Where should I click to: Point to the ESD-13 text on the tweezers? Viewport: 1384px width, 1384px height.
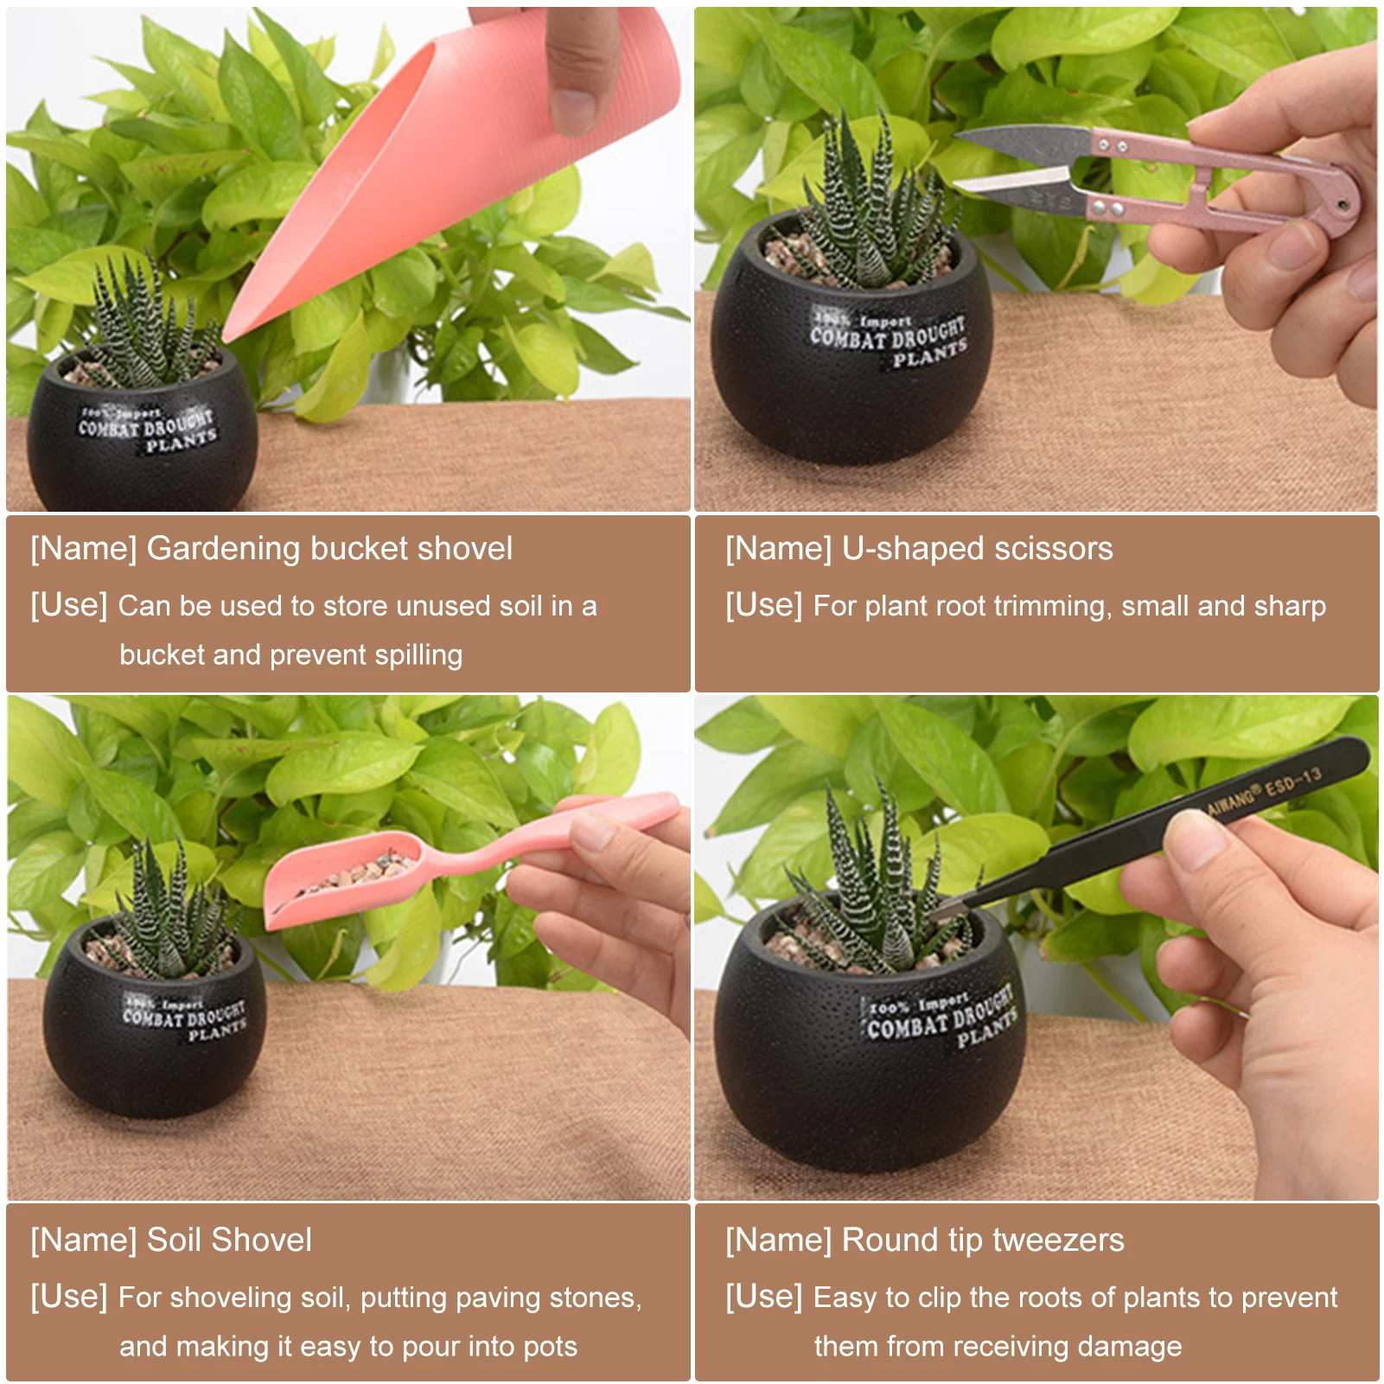pyautogui.click(x=1292, y=783)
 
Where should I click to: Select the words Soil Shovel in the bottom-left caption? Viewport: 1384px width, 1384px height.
pyautogui.click(x=229, y=1240)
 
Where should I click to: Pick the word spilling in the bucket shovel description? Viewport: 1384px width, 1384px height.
pyautogui.click(x=418, y=655)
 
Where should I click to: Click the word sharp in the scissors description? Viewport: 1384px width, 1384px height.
pyautogui.click(x=1289, y=606)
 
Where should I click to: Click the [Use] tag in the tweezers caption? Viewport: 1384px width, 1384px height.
pyautogui.click(x=763, y=1296)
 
